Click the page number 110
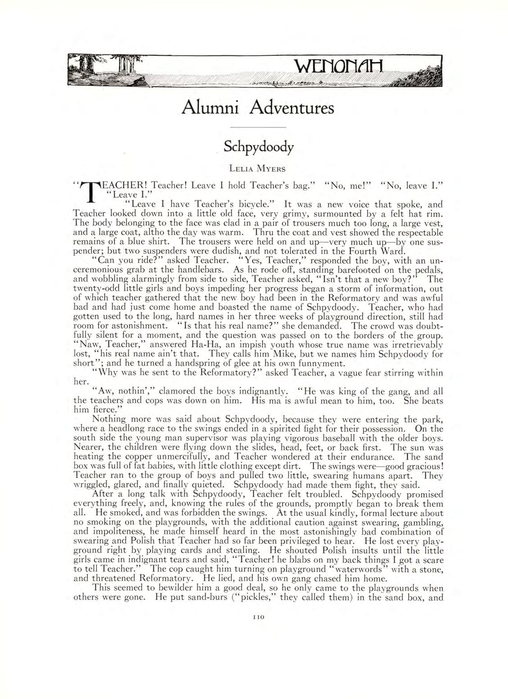pos(258,619)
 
